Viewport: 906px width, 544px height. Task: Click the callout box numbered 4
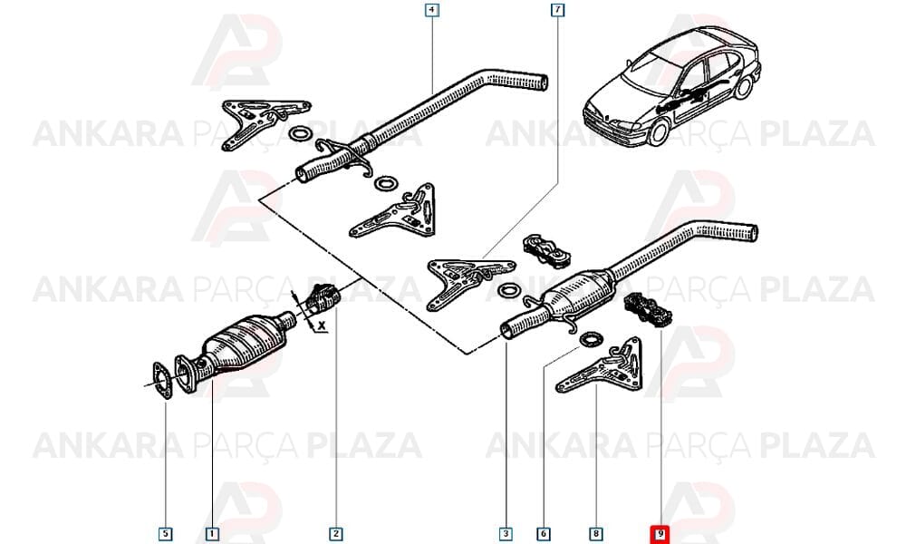431,10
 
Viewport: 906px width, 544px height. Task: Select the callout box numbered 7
557,10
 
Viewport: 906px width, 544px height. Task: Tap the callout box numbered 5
165,534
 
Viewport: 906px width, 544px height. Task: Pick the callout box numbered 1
212,534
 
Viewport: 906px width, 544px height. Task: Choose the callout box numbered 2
336,534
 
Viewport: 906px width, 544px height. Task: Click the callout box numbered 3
506,534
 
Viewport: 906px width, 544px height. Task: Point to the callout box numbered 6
543,534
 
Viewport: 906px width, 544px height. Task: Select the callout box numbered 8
596,534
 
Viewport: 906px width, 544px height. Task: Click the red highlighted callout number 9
660,534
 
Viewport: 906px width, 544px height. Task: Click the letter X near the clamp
322,326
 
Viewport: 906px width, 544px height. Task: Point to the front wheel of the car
658,132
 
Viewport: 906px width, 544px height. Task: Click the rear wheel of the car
744,87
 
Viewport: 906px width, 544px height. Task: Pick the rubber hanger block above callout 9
649,309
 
